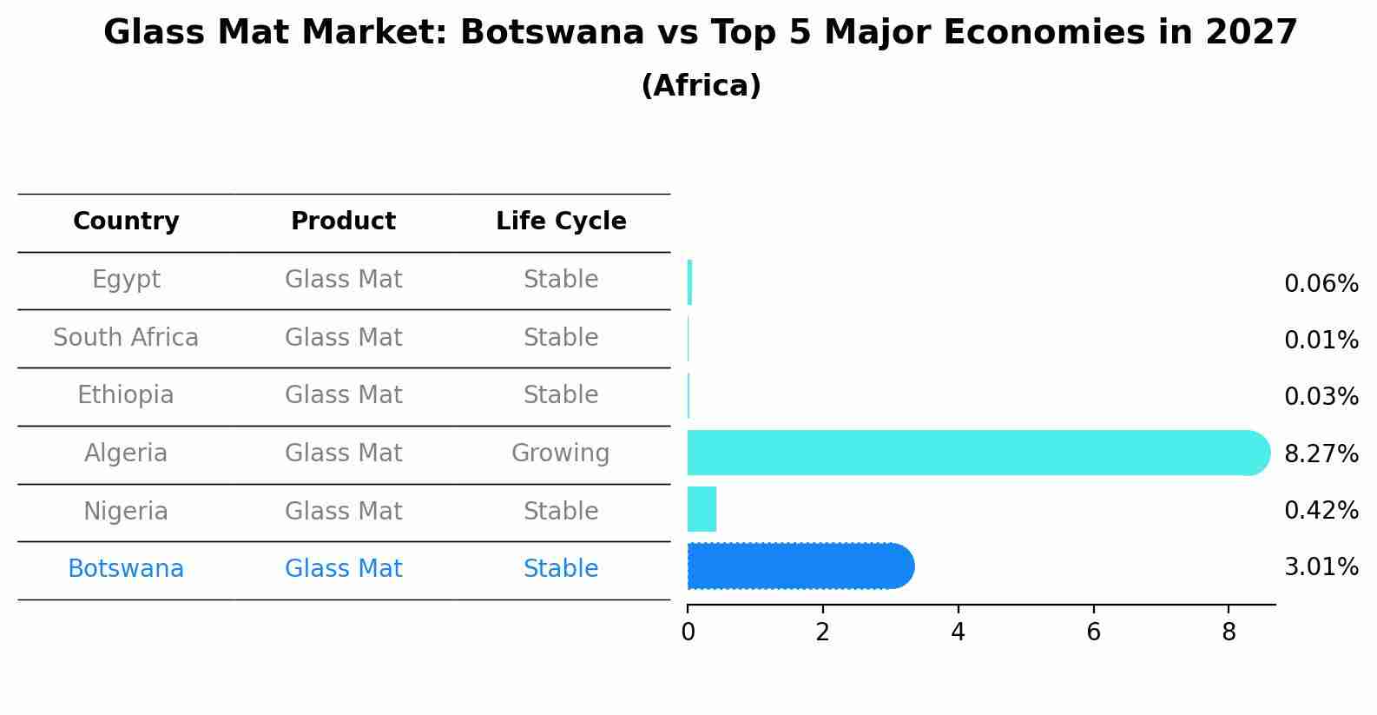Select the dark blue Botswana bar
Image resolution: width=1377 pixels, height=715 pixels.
click(799, 566)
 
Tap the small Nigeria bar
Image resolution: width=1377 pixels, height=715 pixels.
click(702, 510)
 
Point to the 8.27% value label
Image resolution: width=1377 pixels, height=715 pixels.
click(1321, 453)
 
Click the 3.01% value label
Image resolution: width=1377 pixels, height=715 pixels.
click(1321, 567)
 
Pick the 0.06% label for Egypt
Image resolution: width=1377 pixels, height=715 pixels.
click(1321, 284)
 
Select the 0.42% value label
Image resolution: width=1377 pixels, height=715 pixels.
click(1321, 511)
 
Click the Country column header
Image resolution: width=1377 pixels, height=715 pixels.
click(126, 222)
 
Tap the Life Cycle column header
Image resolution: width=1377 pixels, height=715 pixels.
click(561, 222)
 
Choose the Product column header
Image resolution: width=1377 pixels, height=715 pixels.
click(343, 222)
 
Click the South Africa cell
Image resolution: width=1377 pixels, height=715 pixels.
click(126, 337)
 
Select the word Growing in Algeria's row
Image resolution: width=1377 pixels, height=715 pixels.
click(561, 453)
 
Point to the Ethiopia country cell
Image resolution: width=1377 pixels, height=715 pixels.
click(126, 395)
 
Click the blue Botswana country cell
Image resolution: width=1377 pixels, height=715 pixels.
click(126, 569)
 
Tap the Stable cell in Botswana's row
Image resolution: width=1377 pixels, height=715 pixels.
click(561, 569)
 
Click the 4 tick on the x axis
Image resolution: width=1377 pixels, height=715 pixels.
click(958, 632)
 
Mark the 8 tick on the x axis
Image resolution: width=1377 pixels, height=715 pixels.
click(1229, 632)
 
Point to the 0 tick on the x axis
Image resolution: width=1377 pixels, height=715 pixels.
click(688, 632)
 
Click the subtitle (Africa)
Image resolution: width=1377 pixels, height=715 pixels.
click(701, 86)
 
